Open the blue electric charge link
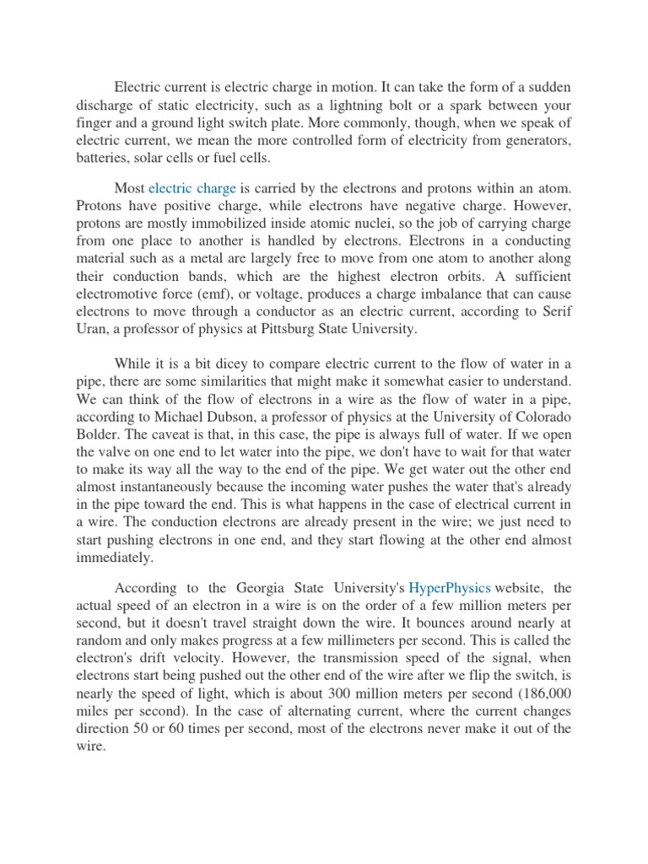192,190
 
